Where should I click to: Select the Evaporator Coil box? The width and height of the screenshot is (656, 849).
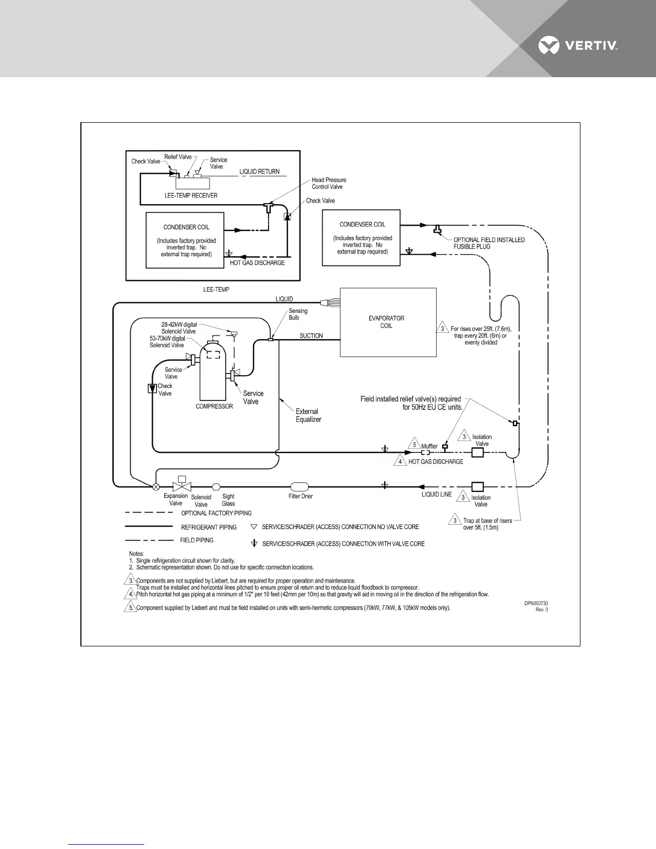tap(389, 322)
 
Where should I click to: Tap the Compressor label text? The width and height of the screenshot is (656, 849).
tap(214, 406)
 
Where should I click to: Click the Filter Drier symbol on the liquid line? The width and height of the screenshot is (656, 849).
tap(300, 487)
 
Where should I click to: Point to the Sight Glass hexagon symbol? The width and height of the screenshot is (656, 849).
tap(216, 487)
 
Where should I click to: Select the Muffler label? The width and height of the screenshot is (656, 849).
tap(429, 446)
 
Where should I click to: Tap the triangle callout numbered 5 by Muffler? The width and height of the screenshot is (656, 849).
tap(414, 444)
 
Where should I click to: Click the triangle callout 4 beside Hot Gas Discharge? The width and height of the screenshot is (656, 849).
tap(400, 461)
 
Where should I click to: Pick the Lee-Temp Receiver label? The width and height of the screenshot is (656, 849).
tap(191, 196)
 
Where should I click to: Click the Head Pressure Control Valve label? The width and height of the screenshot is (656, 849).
tap(329, 183)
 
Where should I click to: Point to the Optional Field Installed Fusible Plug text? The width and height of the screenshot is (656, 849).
tap(489, 243)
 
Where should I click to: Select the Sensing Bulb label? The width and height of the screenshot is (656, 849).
tap(298, 314)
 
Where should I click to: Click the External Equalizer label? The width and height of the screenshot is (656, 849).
tap(308, 415)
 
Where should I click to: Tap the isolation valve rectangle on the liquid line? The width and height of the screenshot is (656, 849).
tap(477, 487)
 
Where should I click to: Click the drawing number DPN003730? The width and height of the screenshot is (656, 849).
tap(536, 603)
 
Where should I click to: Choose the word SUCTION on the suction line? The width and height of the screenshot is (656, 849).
tap(311, 336)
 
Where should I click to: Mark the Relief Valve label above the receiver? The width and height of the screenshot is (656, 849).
tap(177, 157)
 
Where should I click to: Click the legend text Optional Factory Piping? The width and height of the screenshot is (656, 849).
tap(216, 513)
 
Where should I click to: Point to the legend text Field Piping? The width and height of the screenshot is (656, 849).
tap(197, 540)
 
